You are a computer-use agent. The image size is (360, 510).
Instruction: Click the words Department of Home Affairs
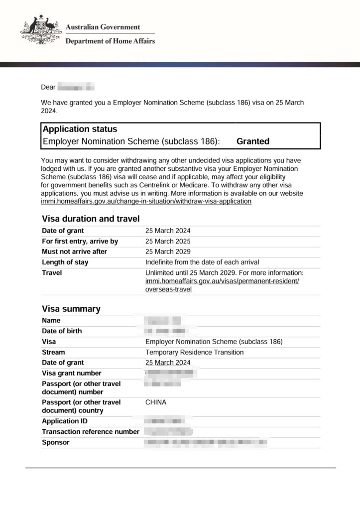point(110,41)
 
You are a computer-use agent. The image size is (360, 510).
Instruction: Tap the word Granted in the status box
point(252,141)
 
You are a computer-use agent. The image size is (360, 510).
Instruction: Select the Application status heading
point(80,129)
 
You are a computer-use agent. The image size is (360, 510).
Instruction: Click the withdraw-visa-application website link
point(146,202)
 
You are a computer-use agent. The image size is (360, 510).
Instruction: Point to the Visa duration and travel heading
point(91,219)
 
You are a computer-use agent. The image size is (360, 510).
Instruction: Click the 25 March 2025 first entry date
point(168,241)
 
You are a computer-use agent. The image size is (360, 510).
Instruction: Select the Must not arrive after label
point(74,252)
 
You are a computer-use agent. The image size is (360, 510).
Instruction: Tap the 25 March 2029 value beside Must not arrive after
point(168,252)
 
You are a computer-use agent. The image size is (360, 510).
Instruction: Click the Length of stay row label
point(65,262)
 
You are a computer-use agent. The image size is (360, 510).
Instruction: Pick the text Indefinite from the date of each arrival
point(202,262)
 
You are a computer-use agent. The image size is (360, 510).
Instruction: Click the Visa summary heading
point(71,309)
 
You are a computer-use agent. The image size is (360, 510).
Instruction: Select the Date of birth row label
point(62,331)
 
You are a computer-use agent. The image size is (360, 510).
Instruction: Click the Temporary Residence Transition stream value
point(195,352)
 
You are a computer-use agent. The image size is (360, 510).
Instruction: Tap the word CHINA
point(156,402)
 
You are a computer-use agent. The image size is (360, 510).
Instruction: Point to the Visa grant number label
point(72,373)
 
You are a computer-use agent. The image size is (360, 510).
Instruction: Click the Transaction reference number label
point(91,432)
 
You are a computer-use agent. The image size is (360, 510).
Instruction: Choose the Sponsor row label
point(56,442)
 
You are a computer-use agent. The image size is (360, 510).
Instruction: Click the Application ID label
point(65,421)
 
